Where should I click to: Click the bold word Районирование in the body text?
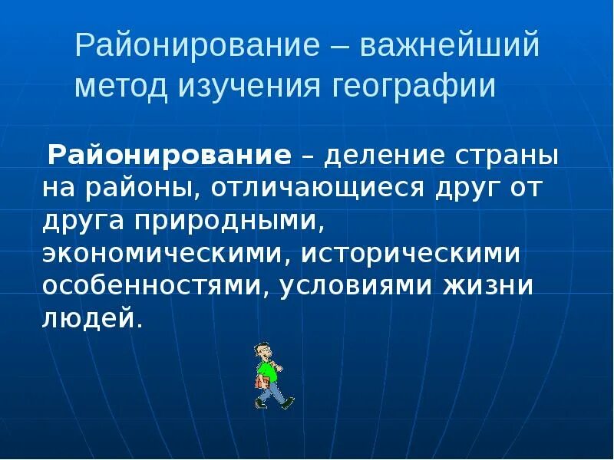tap(170, 156)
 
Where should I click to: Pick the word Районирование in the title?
tap(196, 46)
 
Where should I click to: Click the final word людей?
tap(93, 317)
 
